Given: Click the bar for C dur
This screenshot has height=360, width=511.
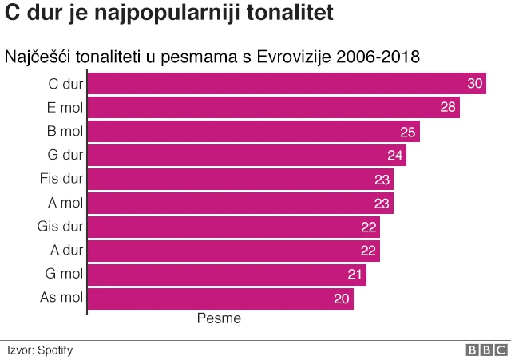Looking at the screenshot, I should coord(286,84).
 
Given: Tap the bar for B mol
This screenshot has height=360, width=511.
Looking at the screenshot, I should coord(253,132).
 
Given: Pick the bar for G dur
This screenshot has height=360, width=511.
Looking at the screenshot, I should coord(246,156).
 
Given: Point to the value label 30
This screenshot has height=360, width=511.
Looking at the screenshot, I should coord(475,84).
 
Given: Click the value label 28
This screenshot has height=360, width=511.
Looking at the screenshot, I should coord(448,108).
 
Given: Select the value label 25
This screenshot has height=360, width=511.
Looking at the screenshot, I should coord(408,132).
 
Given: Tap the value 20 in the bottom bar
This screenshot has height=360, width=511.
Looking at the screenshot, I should coord(342,299).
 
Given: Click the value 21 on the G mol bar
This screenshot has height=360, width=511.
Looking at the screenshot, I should coord(355,275).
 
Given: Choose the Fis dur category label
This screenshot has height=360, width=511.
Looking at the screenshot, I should coord(61,178).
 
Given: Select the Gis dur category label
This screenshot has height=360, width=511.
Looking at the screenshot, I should coord(60,227).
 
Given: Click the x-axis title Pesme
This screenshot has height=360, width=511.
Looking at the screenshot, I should coord(219,318).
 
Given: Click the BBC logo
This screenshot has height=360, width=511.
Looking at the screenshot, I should coord(486,350).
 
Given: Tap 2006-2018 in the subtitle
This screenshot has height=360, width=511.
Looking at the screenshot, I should coord(378,57).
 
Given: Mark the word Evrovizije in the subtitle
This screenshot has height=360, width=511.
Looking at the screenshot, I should coord(293,57).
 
